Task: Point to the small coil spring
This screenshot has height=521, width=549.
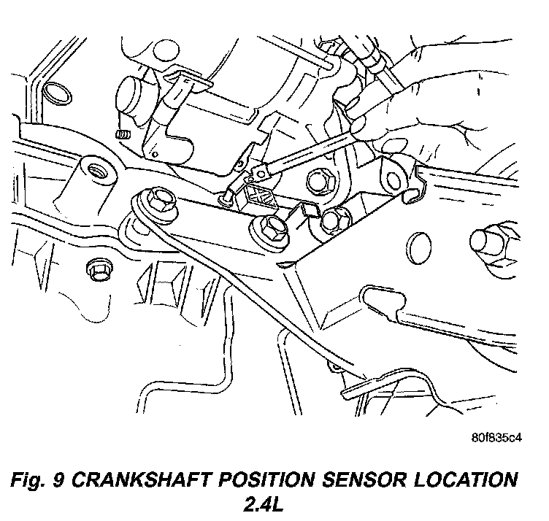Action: click(x=123, y=134)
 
